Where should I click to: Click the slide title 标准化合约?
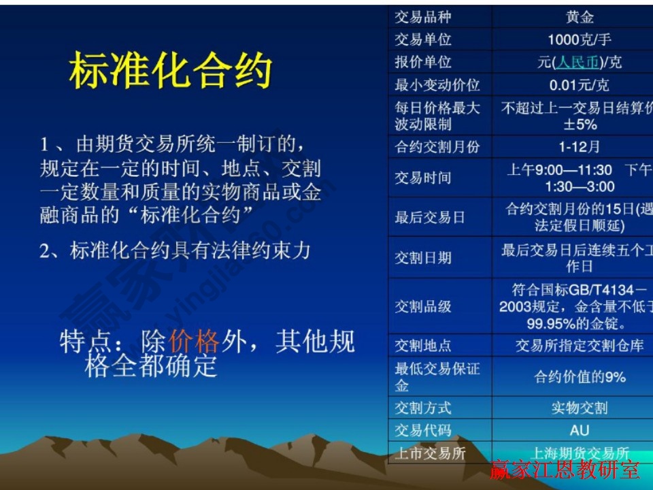point(170,71)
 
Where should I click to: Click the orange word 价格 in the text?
point(194,341)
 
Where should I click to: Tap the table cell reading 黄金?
point(580,17)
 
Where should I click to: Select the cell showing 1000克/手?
point(580,39)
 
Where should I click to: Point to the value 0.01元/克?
point(580,85)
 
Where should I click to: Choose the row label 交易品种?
point(422,17)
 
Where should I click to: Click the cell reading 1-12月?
point(580,146)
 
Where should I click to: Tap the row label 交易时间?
point(422,178)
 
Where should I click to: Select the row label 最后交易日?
point(430,217)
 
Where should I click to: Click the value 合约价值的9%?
point(580,377)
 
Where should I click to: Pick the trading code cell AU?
point(580,430)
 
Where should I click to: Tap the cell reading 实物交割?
point(580,408)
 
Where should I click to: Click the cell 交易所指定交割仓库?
point(580,346)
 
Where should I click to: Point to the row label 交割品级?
point(422,306)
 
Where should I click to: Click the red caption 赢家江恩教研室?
point(565,470)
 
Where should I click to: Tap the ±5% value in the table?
point(580,125)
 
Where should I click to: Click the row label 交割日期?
point(422,258)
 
